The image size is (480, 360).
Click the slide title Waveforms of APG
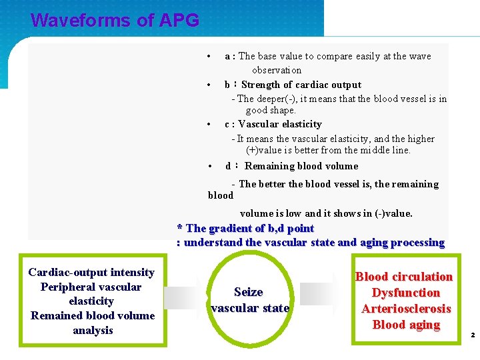(x=115, y=21)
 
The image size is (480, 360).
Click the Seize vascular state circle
(x=249, y=300)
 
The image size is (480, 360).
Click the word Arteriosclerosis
(x=406, y=309)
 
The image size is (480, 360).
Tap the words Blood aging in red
(x=406, y=325)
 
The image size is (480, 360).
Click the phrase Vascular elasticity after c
(x=280, y=124)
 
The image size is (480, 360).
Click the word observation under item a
(x=277, y=70)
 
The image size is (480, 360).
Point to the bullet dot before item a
(x=209, y=56)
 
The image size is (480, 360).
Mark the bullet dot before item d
(x=209, y=166)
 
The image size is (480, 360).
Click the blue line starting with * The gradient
(x=245, y=229)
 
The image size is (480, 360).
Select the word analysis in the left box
(x=93, y=330)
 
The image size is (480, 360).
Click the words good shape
(x=271, y=110)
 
